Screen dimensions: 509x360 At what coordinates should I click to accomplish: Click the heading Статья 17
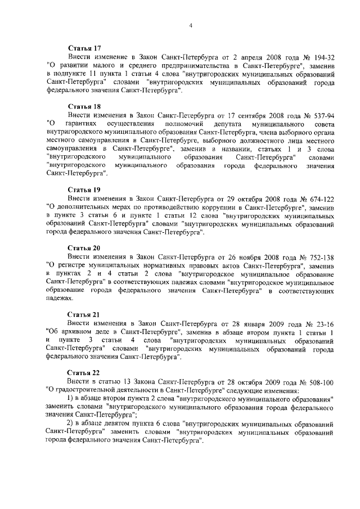point(84,49)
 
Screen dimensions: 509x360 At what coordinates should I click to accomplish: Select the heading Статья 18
point(84,106)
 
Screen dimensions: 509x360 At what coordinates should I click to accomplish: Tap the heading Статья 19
point(84,190)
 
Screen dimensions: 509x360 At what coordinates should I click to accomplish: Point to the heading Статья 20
point(84,247)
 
